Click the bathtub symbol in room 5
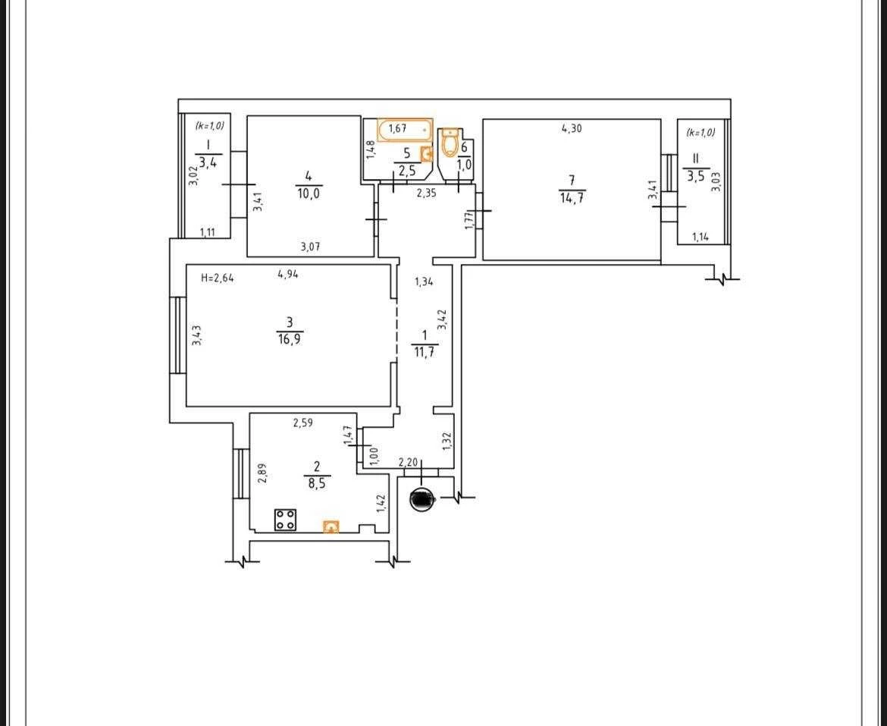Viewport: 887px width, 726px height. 405,130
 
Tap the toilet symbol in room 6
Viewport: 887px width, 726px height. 450,141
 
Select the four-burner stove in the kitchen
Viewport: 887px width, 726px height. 286,520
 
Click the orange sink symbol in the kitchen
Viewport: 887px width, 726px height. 331,526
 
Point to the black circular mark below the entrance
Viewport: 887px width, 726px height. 422,499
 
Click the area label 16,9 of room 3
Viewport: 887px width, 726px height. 289,339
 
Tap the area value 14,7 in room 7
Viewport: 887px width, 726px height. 572,197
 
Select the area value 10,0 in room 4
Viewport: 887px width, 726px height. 308,193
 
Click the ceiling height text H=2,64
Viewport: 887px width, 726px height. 218,277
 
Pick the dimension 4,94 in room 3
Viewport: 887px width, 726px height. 288,275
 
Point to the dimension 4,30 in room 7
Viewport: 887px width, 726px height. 572,128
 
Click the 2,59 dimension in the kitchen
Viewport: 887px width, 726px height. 303,422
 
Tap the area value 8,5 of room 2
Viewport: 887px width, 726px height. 316,483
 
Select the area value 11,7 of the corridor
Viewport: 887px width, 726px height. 425,353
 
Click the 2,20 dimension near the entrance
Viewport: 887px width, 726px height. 408,462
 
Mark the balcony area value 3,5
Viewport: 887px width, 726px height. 695,175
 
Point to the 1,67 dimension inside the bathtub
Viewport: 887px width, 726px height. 397,128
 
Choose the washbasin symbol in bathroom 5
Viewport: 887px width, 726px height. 427,153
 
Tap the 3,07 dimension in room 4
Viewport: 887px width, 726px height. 311,246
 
